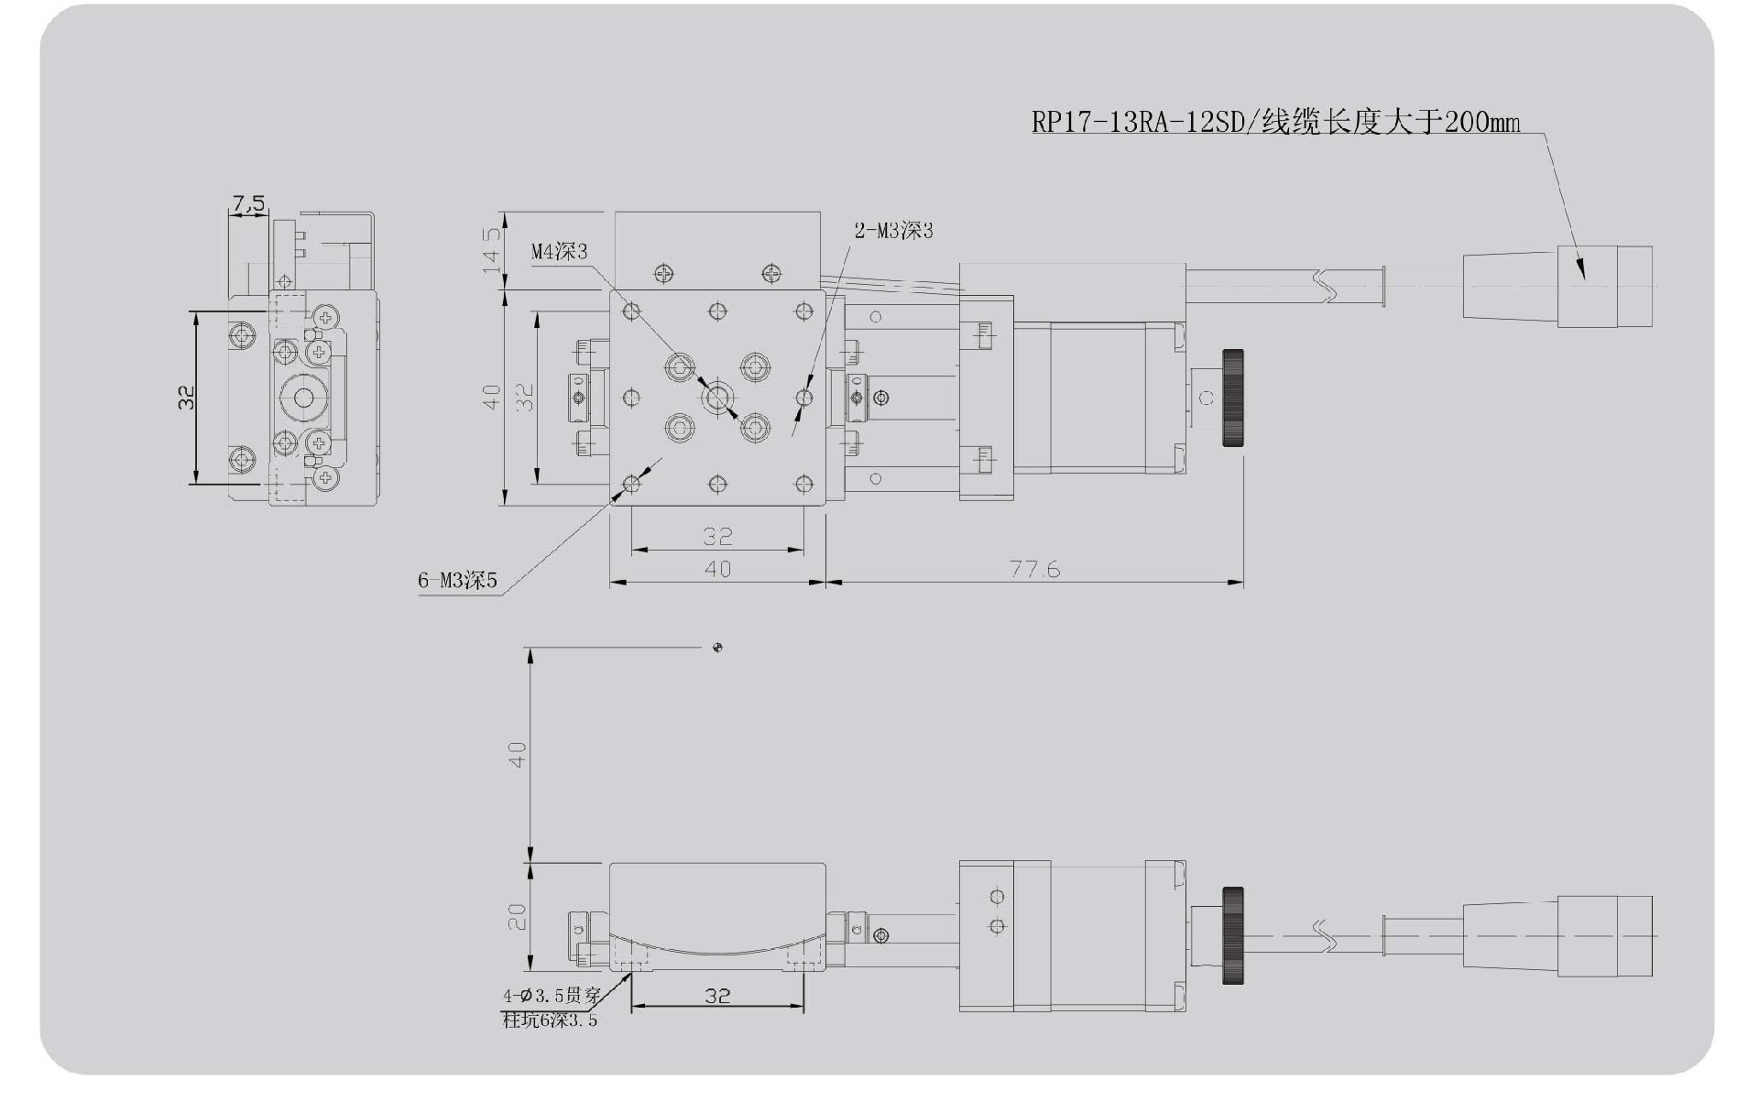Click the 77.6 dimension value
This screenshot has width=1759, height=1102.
(1034, 569)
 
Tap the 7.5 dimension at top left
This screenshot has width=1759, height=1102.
(247, 202)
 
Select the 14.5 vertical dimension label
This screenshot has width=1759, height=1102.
(492, 249)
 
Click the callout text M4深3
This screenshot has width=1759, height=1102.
(559, 251)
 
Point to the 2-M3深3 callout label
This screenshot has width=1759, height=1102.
(893, 231)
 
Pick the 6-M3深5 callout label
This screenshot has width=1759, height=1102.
(457, 580)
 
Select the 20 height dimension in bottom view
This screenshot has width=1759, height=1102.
(518, 917)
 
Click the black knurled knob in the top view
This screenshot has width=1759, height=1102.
(1233, 398)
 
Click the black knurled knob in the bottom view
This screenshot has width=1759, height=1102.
(1233, 935)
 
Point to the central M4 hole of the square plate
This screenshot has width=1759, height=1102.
(717, 398)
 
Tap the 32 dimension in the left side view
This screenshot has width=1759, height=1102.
(186, 397)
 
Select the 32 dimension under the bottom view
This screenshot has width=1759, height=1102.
(717, 996)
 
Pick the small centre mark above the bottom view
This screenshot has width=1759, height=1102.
(717, 648)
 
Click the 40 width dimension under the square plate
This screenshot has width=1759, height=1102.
(717, 569)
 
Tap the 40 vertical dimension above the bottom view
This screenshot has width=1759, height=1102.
(518, 755)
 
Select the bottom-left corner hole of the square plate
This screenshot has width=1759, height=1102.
(631, 484)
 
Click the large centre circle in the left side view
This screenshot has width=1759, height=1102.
(302, 398)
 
